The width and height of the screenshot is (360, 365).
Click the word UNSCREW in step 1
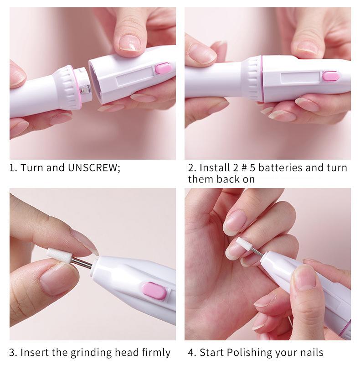tap(94, 167)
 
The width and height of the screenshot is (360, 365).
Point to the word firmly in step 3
tap(156, 352)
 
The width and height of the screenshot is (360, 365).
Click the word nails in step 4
tap(312, 352)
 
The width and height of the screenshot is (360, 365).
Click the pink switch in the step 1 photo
tap(164, 68)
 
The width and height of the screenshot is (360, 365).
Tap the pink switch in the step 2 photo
tap(331, 76)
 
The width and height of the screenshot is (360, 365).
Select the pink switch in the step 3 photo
tap(154, 291)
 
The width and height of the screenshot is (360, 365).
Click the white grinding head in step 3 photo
tap(59, 255)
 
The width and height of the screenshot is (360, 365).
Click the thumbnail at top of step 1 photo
tap(130, 42)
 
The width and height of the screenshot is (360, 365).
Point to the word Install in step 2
tap(215, 167)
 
